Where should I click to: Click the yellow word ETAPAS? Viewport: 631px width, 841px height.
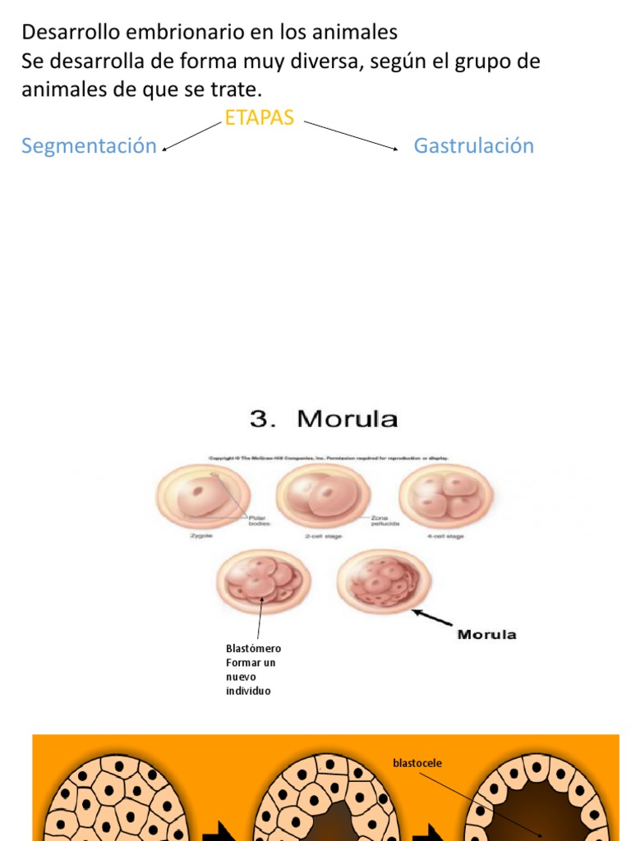pyautogui.click(x=259, y=118)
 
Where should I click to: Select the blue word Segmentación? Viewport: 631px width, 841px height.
pyautogui.click(x=89, y=146)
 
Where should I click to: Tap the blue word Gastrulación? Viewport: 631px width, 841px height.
pyautogui.click(x=473, y=146)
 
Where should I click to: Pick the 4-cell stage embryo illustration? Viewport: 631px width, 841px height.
pyautogui.click(x=445, y=495)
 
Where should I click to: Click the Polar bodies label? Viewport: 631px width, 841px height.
pyautogui.click(x=260, y=520)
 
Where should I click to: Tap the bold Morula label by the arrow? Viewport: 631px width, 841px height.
pyautogui.click(x=486, y=634)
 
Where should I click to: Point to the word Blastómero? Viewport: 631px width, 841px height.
pyautogui.click(x=253, y=649)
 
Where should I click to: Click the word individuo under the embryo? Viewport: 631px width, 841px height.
pyautogui.click(x=247, y=691)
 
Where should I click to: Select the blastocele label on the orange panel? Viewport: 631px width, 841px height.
pyautogui.click(x=417, y=764)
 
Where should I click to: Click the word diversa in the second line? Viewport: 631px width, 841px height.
pyautogui.click(x=316, y=62)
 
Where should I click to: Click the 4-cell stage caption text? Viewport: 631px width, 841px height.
pyautogui.click(x=446, y=535)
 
